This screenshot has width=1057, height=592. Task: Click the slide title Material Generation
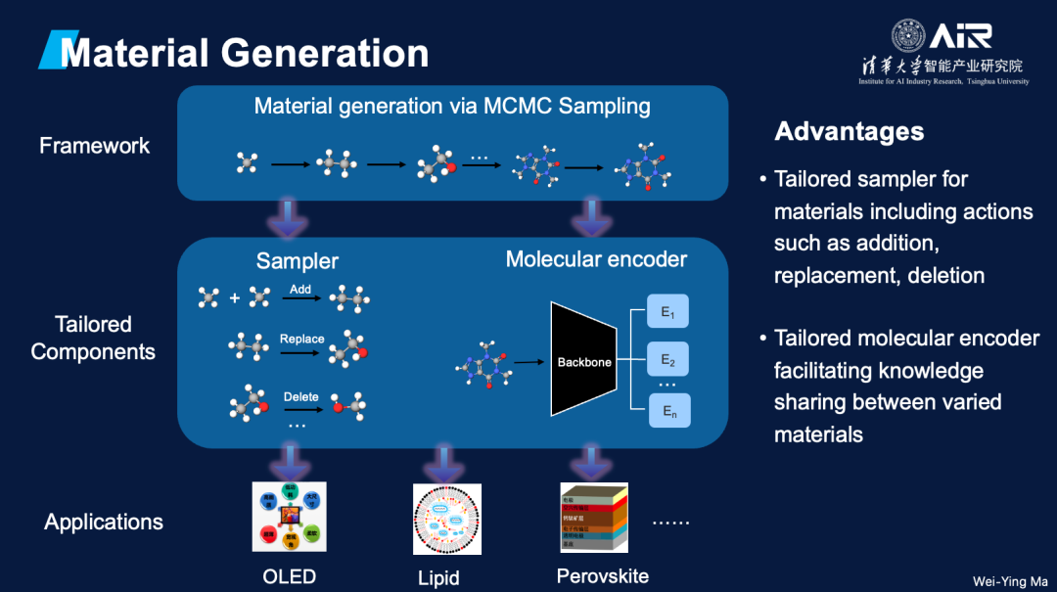tap(245, 53)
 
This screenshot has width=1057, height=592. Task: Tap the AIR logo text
tap(961, 37)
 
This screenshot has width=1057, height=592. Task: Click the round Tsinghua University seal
tap(907, 36)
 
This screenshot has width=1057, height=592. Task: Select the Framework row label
tap(94, 146)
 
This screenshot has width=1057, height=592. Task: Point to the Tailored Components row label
tap(93, 338)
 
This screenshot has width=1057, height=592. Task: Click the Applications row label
tap(103, 522)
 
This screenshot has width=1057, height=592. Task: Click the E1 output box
tap(668, 312)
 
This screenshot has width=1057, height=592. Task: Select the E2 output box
tap(668, 360)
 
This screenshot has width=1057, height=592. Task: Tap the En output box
tap(669, 411)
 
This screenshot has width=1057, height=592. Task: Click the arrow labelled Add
tap(300, 297)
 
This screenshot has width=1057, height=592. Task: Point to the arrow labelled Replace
tap(301, 347)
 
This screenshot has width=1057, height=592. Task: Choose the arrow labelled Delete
tap(300, 405)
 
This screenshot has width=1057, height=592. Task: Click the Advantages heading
tap(849, 131)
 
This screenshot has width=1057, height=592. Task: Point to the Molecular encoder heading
tap(596, 259)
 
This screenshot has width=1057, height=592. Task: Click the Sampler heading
tap(298, 260)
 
